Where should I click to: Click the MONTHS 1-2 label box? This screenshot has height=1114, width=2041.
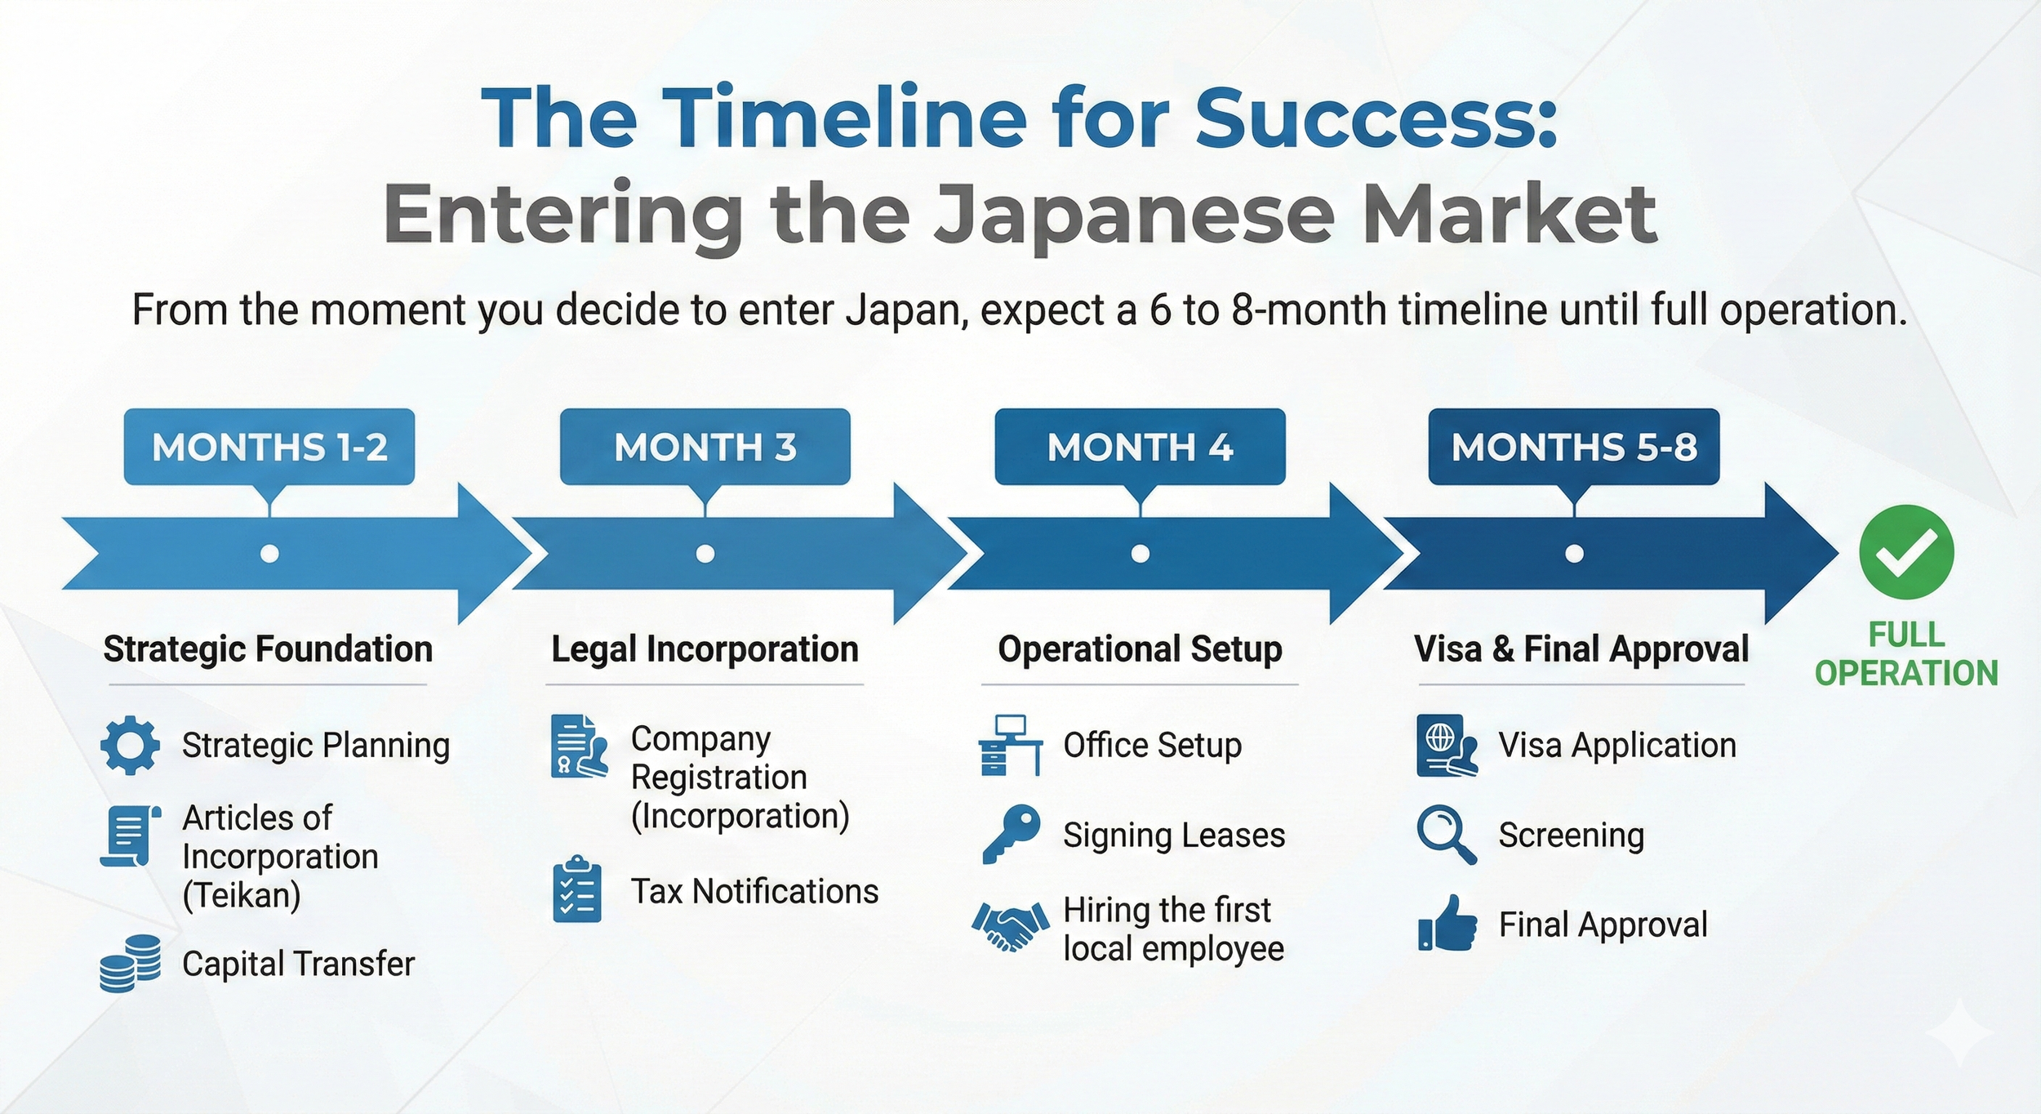269,447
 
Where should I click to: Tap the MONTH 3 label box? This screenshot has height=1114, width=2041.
705,447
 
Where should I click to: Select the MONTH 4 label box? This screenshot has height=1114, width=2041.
1140,447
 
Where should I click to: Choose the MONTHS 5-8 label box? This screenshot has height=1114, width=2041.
1573,447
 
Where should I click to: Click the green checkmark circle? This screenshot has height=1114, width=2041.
1906,552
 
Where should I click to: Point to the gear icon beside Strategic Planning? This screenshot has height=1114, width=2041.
130,745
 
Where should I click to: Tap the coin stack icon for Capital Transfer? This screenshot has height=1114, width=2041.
130,963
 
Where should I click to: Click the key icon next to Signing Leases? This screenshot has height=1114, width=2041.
1011,834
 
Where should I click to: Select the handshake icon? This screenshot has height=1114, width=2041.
1010,927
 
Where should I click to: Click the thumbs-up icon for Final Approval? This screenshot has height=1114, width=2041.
1447,924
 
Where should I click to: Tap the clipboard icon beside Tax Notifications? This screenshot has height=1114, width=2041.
577,890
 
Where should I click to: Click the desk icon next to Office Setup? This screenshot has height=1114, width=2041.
1010,745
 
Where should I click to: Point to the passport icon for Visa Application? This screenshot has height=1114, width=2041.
1447,745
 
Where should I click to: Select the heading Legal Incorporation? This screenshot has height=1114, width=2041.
705,649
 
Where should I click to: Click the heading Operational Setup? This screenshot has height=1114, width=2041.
1140,649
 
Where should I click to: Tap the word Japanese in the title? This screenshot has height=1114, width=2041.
1135,215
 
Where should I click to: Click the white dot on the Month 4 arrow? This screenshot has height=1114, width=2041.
1141,554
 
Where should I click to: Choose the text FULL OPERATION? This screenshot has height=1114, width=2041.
1906,654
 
